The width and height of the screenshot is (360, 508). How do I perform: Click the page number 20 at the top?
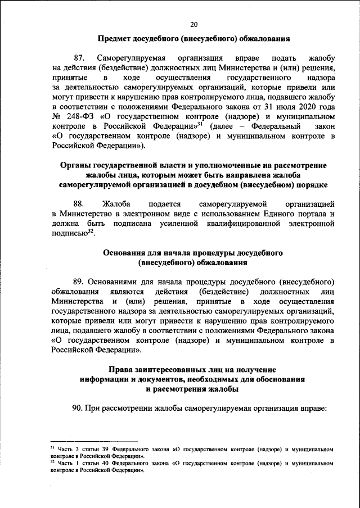[x=194, y=24]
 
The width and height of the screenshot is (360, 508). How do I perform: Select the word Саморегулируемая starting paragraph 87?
[x=131, y=58]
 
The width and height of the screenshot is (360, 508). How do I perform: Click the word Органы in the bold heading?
[x=76, y=166]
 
